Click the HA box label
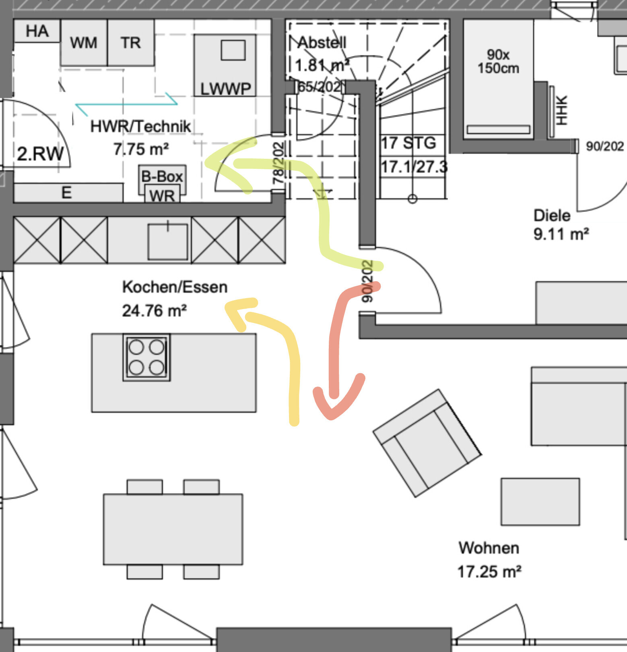(37, 31)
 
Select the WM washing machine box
(84, 42)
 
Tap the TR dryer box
(131, 42)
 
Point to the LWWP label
(225, 89)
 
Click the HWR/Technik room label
(140, 127)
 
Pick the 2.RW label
(40, 154)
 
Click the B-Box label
(162, 176)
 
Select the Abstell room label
(322, 42)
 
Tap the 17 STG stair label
(408, 143)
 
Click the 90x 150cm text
(498, 61)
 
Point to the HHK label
(562, 110)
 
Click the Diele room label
(552, 216)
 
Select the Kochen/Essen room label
(175, 287)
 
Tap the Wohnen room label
(489, 548)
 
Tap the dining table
(173, 529)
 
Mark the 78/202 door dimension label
(278, 163)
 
